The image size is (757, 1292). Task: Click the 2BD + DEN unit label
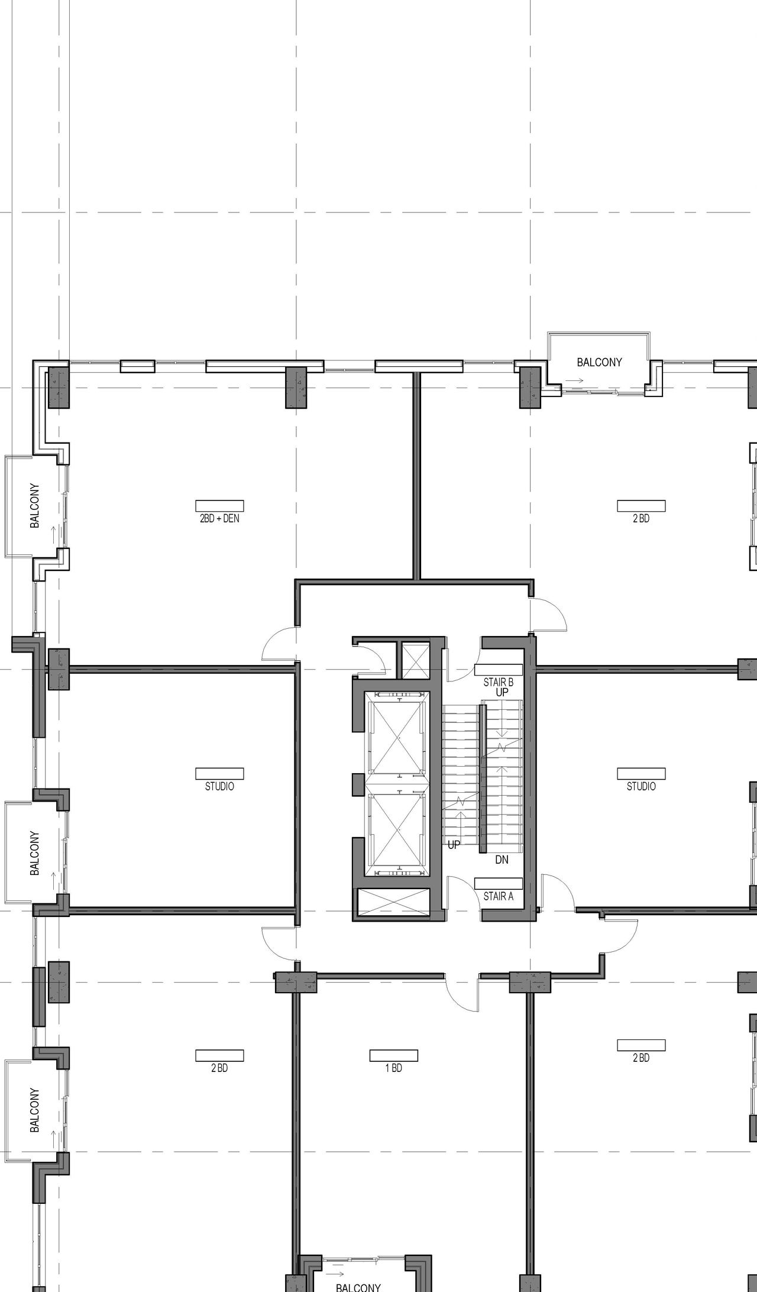219,518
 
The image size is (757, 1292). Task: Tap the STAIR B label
498,682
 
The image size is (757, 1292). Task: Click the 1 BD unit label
393,1068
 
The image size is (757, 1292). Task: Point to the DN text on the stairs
502,860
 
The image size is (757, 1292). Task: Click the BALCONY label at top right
599,362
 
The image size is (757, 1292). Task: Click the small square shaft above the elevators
416,660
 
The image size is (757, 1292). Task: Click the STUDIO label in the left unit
219,786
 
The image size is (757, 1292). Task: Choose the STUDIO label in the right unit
641,786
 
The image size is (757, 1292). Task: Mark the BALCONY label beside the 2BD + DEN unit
35,506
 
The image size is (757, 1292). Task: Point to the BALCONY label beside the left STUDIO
35,853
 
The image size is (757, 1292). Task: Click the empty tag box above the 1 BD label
393,1055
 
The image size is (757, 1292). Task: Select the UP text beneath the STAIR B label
502,692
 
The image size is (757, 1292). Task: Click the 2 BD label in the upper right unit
641,518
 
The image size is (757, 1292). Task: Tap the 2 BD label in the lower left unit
219,1068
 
